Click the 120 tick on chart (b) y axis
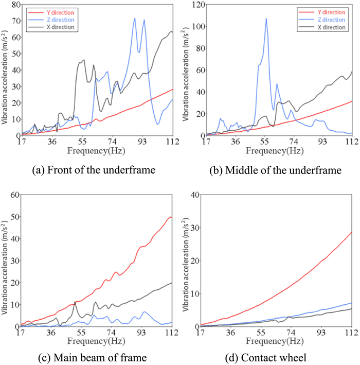196,5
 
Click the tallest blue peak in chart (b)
266,19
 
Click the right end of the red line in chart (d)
352,232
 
